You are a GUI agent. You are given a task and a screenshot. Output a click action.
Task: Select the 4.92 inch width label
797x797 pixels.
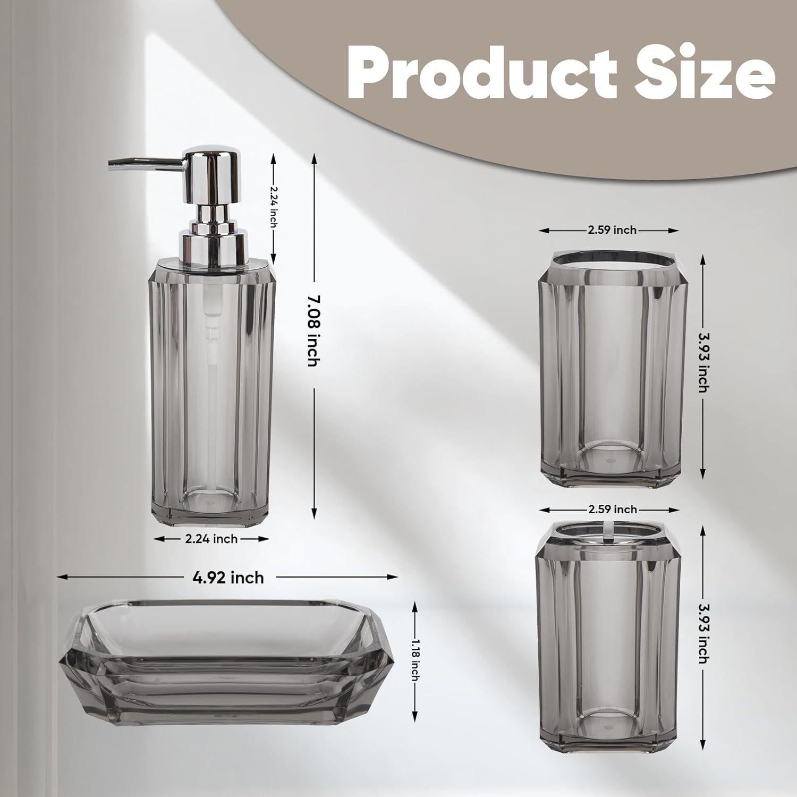tap(228, 577)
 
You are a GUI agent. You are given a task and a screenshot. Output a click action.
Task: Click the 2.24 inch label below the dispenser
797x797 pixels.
tap(211, 539)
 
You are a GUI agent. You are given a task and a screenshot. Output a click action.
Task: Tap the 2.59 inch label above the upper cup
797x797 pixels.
tap(612, 230)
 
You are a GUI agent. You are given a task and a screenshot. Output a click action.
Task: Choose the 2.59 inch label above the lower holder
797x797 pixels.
tap(612, 510)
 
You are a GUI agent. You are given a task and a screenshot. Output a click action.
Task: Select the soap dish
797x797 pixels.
tap(226, 664)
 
